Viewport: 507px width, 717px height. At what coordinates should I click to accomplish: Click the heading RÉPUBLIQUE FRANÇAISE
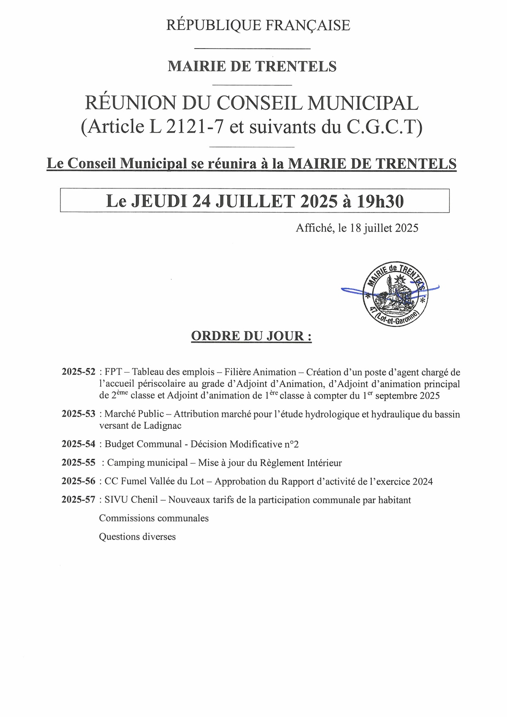(258, 25)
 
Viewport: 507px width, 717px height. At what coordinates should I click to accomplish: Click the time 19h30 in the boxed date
(380, 201)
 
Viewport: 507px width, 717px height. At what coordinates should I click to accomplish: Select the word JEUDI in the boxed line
(160, 201)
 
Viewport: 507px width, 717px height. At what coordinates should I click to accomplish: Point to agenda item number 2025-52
(79, 372)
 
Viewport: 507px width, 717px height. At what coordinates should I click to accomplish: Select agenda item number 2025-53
(79, 414)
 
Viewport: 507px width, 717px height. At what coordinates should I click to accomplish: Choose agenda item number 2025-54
(79, 444)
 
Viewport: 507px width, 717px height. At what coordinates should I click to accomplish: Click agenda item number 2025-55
(79, 463)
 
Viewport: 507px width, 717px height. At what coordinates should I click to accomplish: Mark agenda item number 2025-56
(79, 481)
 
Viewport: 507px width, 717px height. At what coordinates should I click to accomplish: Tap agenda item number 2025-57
(79, 500)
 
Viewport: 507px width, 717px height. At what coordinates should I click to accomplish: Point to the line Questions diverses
(137, 537)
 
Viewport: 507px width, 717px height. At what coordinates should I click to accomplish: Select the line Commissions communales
(154, 518)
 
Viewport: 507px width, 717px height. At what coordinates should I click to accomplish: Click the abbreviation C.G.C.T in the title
(382, 126)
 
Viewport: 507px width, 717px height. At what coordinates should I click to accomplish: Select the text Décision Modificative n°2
(245, 444)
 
